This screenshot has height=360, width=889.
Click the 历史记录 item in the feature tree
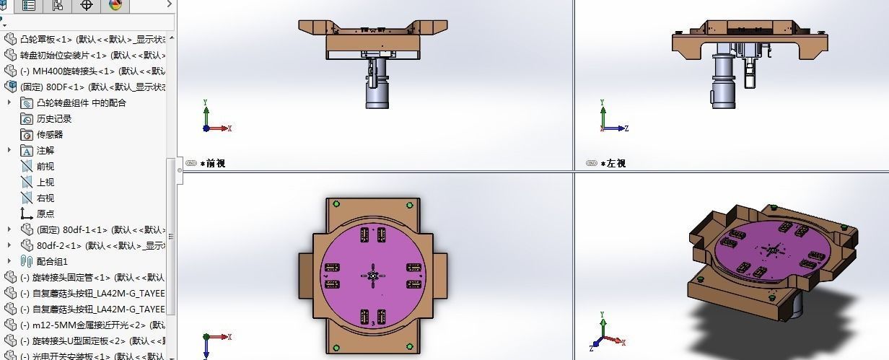pos(54,118)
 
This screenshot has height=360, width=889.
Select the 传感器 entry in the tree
pos(49,134)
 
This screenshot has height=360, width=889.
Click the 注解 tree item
pos(45,150)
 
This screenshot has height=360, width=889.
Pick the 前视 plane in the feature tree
pos(45,166)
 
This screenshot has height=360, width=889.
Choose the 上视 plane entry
pos(45,182)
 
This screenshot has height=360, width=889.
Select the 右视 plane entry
pos(45,198)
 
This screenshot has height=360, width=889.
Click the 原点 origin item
pos(45,214)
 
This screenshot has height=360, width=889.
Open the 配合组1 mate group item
pos(52,261)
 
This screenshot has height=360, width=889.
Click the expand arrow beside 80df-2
pos(9,245)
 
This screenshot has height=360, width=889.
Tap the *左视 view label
pos(616,164)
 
